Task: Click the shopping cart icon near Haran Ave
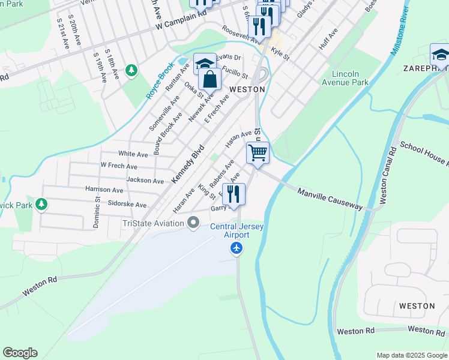click(x=258, y=152)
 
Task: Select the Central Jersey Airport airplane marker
click(x=237, y=248)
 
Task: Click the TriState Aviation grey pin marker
click(x=193, y=223)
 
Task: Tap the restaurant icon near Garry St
click(x=234, y=194)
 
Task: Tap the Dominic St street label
click(x=96, y=214)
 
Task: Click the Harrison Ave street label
click(x=104, y=190)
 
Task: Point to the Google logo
click(x=20, y=353)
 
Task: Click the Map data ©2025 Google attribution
click(x=412, y=355)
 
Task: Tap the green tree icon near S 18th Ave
click(x=131, y=71)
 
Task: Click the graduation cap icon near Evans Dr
click(x=205, y=64)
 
